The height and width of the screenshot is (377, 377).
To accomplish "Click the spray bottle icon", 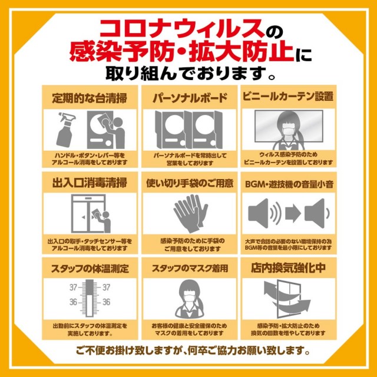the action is click(x=65, y=130).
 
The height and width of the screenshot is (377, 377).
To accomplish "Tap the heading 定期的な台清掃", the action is click(x=90, y=98).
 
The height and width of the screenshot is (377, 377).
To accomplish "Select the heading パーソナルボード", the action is click(x=190, y=98).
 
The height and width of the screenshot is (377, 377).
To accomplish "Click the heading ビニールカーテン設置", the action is click(x=288, y=97).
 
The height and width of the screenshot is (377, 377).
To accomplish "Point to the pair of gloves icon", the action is click(x=191, y=213).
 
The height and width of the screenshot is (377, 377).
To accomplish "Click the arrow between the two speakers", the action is click(x=293, y=213).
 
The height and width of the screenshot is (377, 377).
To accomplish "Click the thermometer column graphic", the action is click(x=90, y=298).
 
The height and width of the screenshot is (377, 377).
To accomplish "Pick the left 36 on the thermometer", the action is click(x=73, y=302).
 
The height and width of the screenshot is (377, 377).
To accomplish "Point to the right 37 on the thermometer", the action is click(x=106, y=287).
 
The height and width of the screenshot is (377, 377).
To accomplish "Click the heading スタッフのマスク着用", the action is click(x=190, y=269).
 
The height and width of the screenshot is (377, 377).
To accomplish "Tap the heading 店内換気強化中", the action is click(x=288, y=268).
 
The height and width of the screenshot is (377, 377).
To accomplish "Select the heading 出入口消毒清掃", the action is click(x=90, y=183).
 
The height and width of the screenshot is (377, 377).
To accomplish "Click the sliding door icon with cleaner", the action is click(x=90, y=213).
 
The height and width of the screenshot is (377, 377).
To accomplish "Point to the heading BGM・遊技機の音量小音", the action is click(x=289, y=184).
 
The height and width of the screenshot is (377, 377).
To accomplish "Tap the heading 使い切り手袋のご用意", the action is click(x=190, y=183).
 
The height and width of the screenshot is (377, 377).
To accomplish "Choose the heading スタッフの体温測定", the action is click(x=90, y=269).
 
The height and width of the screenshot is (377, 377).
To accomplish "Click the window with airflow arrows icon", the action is click(x=287, y=299).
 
